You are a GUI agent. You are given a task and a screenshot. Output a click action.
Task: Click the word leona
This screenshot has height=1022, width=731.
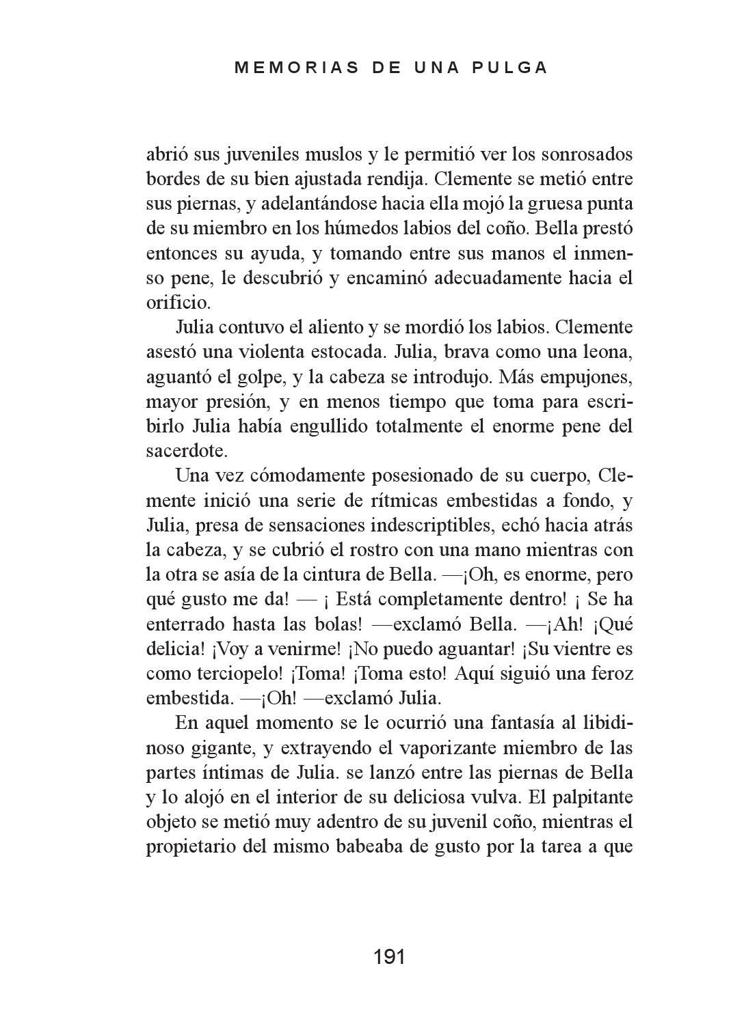click(602, 352)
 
